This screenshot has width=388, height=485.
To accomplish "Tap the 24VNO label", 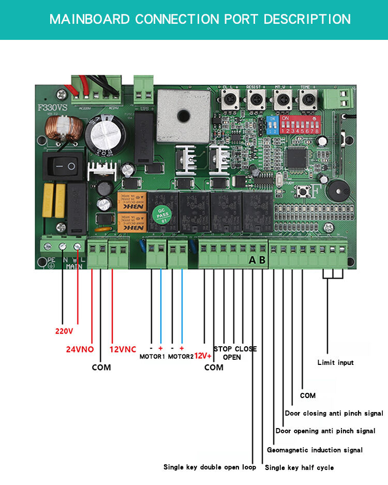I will [80, 349].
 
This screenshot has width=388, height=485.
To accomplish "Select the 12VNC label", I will [123, 349].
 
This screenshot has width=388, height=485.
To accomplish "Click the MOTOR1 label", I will [152, 357].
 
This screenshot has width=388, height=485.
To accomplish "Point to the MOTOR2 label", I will [181, 357].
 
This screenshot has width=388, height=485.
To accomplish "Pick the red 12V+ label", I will [203, 356].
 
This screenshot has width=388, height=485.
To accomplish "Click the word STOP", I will [223, 349].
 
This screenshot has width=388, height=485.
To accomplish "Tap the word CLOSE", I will [246, 349].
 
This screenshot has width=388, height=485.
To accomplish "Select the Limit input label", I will [335, 363].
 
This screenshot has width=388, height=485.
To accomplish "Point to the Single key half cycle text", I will [299, 468].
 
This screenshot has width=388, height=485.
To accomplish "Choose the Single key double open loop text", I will [210, 467].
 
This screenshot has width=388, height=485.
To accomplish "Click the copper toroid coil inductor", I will [58, 130].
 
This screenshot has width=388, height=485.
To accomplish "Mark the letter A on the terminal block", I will [252, 260].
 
